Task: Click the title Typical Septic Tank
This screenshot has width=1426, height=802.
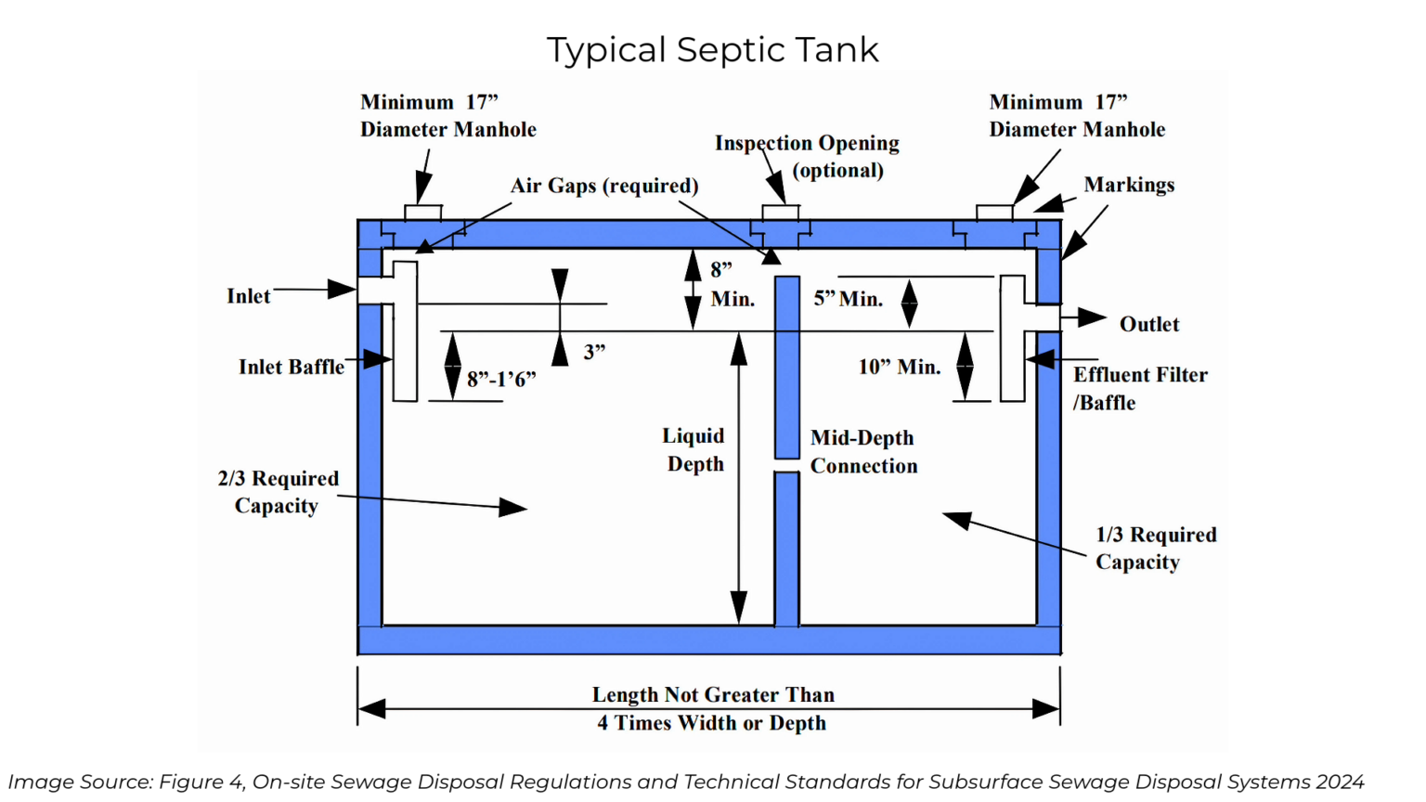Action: coord(712,50)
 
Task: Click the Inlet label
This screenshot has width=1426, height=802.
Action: coord(248,296)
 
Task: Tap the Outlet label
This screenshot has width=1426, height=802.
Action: coord(1148,325)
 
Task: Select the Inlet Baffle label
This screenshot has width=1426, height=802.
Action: coord(291,367)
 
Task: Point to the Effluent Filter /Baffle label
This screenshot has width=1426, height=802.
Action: coord(1139,389)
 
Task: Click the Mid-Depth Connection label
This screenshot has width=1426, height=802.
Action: coord(863,452)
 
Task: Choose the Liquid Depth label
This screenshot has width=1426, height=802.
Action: coord(694,449)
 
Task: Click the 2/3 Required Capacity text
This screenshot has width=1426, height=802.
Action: coord(278,492)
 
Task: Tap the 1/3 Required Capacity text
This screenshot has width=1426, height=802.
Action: coord(1155,549)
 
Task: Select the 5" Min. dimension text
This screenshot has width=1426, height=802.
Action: coord(848,299)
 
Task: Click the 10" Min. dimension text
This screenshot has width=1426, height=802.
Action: coord(899,367)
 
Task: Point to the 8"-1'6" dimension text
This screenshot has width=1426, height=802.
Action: coord(501,380)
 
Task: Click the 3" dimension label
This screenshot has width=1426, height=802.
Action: coord(594,352)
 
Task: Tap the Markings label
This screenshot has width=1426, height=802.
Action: coord(1129,185)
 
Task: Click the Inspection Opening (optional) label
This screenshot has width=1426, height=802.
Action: coord(808,156)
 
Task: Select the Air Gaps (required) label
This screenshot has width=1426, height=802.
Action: coord(604,186)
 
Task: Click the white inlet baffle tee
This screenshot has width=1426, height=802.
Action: coord(405,332)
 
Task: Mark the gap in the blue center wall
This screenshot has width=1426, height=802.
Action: coord(786,465)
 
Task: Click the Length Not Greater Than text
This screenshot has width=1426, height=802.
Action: coord(713,695)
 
